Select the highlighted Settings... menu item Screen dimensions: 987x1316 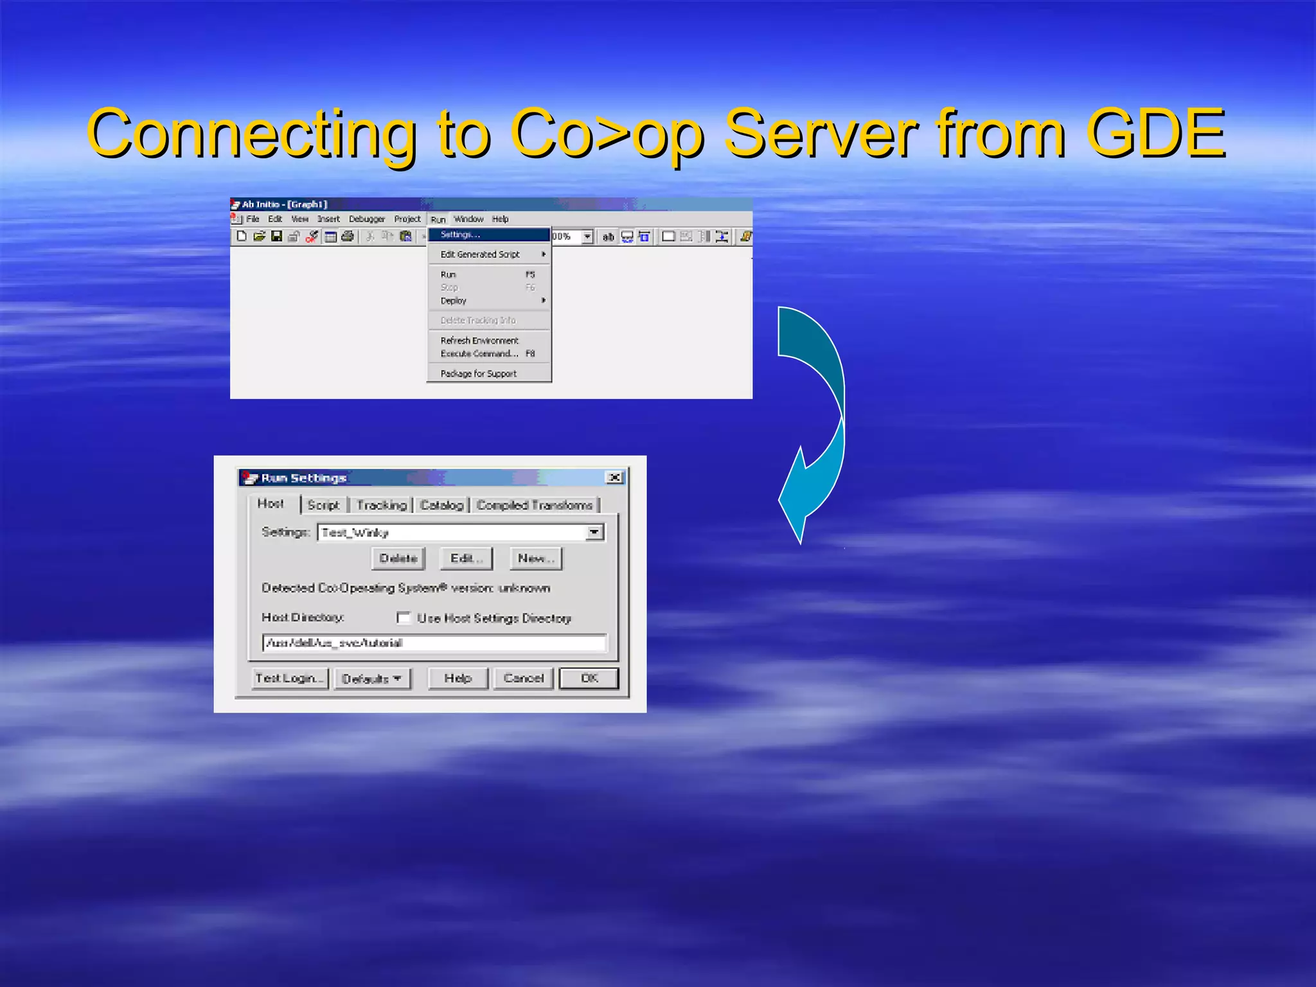(460, 235)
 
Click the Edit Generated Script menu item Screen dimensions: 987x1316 (480, 254)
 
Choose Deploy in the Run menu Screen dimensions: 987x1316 (454, 301)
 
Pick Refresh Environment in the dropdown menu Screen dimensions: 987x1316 (479, 341)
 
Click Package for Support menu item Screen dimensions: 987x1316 (479, 373)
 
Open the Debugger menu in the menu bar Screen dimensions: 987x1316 (366, 219)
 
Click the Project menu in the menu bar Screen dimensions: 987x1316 (407, 219)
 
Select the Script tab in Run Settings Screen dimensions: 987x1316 (323, 505)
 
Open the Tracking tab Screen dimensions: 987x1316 (382, 505)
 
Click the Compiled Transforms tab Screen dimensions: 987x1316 (535, 505)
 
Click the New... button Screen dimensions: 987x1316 (536, 558)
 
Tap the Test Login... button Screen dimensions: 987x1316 (290, 678)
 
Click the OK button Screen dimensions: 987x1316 (589, 678)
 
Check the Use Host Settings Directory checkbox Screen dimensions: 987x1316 (404, 618)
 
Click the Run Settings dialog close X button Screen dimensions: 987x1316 (615, 477)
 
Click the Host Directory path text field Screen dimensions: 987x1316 (434, 643)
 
